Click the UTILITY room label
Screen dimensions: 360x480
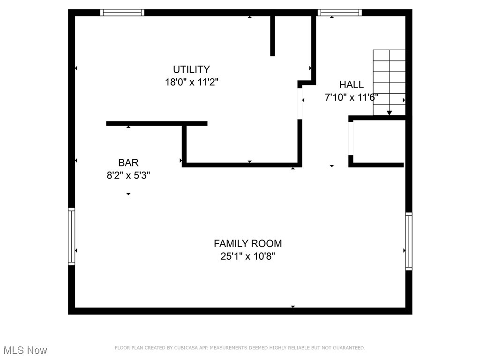(x=191, y=69)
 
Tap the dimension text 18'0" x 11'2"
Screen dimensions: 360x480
(x=191, y=82)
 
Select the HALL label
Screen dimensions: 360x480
(x=351, y=85)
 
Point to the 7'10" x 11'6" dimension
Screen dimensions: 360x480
(x=351, y=97)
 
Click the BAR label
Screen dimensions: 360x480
(x=128, y=163)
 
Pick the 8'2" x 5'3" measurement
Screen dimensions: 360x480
(x=128, y=175)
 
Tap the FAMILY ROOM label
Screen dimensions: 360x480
(x=247, y=244)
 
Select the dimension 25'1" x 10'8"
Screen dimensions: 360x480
(x=247, y=256)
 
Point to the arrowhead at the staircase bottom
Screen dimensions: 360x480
(x=389, y=112)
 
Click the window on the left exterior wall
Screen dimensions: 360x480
(x=72, y=236)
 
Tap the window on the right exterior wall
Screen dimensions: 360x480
(x=409, y=241)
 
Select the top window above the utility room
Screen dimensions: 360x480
(x=123, y=13)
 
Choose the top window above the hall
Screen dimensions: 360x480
(x=340, y=13)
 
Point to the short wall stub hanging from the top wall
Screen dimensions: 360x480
(x=272, y=35)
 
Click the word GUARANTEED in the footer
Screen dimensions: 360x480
(x=347, y=348)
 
